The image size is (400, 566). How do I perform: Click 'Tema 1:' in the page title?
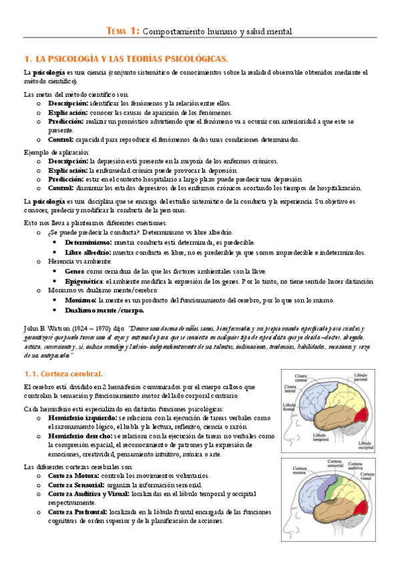(124, 31)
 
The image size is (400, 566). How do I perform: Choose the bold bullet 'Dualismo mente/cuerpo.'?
(104, 310)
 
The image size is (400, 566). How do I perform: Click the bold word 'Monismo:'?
(81, 301)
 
